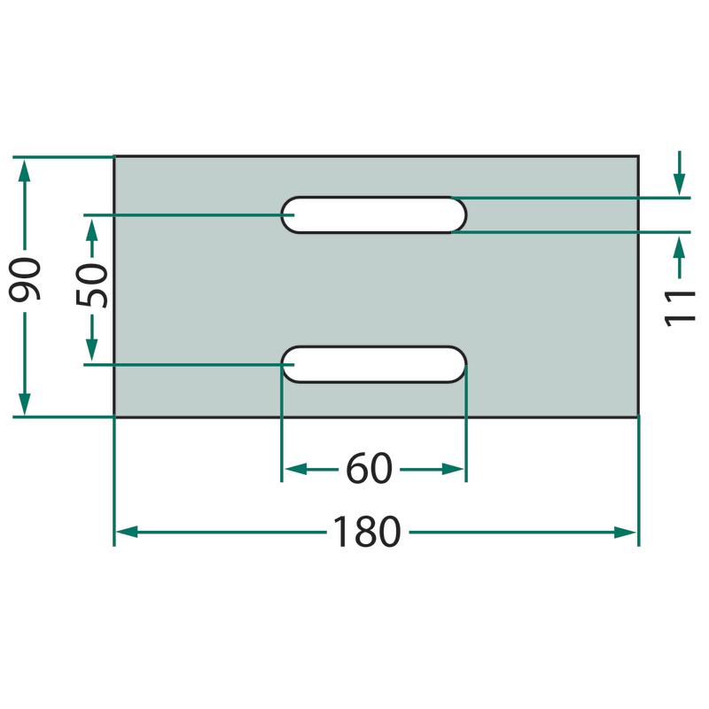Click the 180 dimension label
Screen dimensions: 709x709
pyautogui.click(x=367, y=532)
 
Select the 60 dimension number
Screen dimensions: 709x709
pyautogui.click(x=369, y=469)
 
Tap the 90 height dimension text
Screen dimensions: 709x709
pyautogui.click(x=26, y=279)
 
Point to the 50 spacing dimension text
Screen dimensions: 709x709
pyautogui.click(x=92, y=285)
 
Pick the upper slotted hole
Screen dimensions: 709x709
pyautogui.click(x=374, y=214)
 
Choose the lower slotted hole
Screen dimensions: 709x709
pyautogui.click(x=374, y=364)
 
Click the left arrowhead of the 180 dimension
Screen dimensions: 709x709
pyautogui.click(x=127, y=533)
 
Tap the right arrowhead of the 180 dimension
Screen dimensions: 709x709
pyautogui.click(x=626, y=533)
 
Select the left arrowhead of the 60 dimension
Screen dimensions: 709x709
pyautogui.click(x=296, y=470)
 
